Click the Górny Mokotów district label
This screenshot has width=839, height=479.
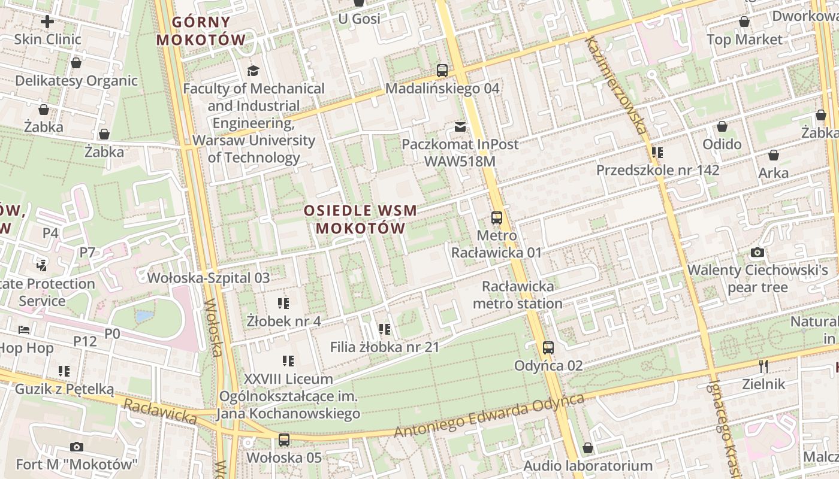(x=201, y=31)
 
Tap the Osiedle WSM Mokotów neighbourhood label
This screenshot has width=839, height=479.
(x=360, y=219)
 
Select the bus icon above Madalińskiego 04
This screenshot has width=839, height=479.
(x=442, y=71)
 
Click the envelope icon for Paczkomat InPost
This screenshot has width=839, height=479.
(x=460, y=127)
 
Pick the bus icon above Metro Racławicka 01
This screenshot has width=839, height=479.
(x=496, y=218)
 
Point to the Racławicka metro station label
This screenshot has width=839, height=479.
(x=518, y=295)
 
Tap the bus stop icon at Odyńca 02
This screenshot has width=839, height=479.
(x=548, y=348)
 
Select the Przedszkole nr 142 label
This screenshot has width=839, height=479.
(x=657, y=170)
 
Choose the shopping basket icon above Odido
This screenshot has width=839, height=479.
(x=722, y=127)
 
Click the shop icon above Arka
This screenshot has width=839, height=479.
(x=774, y=156)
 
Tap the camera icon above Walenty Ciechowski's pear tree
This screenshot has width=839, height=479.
(x=757, y=253)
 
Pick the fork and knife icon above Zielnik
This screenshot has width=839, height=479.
(x=763, y=366)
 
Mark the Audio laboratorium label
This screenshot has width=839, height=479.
(x=588, y=465)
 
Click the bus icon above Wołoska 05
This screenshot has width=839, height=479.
(x=284, y=440)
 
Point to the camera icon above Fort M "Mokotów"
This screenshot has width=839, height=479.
(x=76, y=447)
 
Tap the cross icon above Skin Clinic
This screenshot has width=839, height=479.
(x=47, y=22)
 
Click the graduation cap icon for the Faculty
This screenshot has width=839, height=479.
(x=253, y=71)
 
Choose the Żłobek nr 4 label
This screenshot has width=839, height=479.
(x=283, y=321)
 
